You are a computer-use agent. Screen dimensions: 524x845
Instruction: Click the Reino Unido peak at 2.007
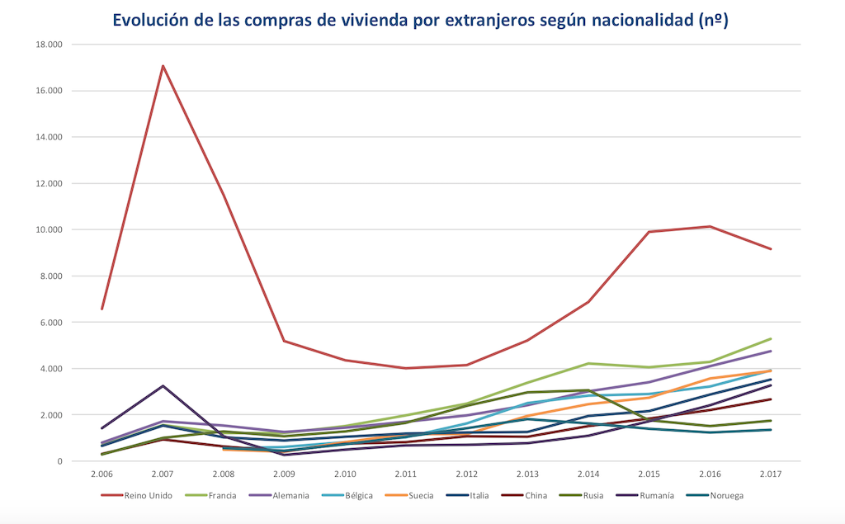pos(163,65)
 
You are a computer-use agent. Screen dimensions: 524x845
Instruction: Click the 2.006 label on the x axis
pos(102,475)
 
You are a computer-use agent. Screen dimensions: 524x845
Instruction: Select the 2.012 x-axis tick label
pos(466,475)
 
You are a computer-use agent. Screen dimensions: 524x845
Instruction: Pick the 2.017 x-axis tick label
pos(770,475)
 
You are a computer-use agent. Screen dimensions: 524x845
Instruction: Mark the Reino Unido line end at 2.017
pos(770,248)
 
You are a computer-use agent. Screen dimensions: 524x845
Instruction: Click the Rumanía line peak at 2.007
pos(163,385)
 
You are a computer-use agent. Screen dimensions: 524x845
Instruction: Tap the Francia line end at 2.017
pos(770,338)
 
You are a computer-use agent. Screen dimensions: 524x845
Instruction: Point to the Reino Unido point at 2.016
pos(710,226)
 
